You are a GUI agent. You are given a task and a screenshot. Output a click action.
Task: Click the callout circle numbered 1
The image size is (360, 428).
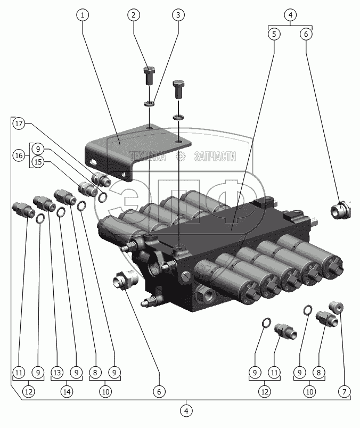click(x=83, y=15)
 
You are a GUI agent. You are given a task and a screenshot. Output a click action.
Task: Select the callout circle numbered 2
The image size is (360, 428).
click(x=133, y=15)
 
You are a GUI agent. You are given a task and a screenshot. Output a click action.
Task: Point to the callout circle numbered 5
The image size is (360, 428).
click(x=274, y=34)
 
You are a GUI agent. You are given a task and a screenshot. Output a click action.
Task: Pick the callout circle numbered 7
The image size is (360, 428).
click(x=345, y=392)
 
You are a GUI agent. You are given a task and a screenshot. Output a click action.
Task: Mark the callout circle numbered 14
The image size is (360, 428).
click(x=67, y=392)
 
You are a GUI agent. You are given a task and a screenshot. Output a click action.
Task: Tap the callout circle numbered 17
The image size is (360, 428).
click(x=20, y=124)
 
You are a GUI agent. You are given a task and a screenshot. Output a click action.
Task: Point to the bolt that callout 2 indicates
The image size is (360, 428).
click(x=149, y=77)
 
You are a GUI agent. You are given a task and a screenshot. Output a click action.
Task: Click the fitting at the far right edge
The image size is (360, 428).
click(x=341, y=209)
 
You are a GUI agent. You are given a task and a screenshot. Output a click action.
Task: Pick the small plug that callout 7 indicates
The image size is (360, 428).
click(x=337, y=307)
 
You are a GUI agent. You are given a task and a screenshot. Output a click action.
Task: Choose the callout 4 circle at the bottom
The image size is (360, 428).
click(x=186, y=411)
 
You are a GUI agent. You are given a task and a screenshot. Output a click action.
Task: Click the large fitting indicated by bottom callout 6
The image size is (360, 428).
click(x=126, y=279)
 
